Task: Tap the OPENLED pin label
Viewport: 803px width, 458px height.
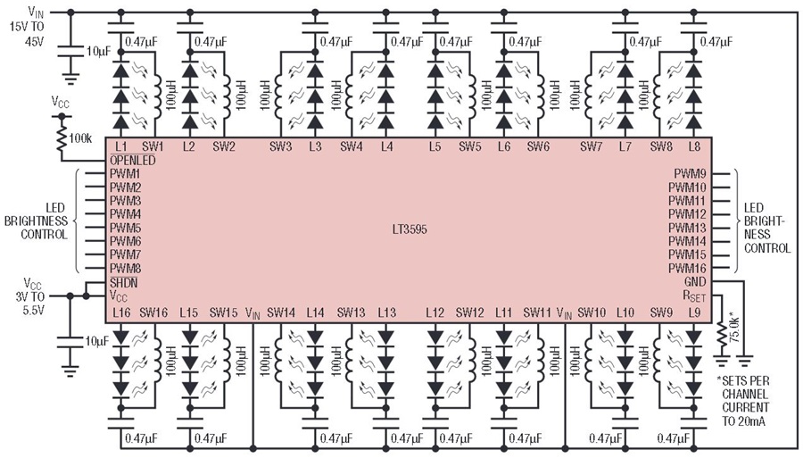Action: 132,161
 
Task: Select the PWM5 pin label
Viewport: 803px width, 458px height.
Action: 125,228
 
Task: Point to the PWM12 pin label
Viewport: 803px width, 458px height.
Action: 687,214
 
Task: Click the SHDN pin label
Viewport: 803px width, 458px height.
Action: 123,282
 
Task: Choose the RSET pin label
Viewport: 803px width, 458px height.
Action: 694,296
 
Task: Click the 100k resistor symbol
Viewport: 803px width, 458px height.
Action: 62,140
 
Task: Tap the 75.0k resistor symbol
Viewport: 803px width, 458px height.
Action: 722,335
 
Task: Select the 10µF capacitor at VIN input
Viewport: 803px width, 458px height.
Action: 70,51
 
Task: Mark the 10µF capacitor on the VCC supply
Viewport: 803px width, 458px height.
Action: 70,342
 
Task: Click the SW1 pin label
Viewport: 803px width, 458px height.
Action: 153,147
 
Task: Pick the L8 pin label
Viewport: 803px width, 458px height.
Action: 694,147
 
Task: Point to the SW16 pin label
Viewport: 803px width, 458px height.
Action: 153,312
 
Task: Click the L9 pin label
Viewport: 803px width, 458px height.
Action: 694,312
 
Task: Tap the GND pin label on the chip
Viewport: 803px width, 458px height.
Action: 695,282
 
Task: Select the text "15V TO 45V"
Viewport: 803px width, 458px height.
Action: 27,33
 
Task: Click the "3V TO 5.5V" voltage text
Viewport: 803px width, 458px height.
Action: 29,304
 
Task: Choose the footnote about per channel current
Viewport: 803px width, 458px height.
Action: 745,401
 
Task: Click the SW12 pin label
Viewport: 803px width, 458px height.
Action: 469,312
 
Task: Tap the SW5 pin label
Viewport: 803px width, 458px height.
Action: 469,147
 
